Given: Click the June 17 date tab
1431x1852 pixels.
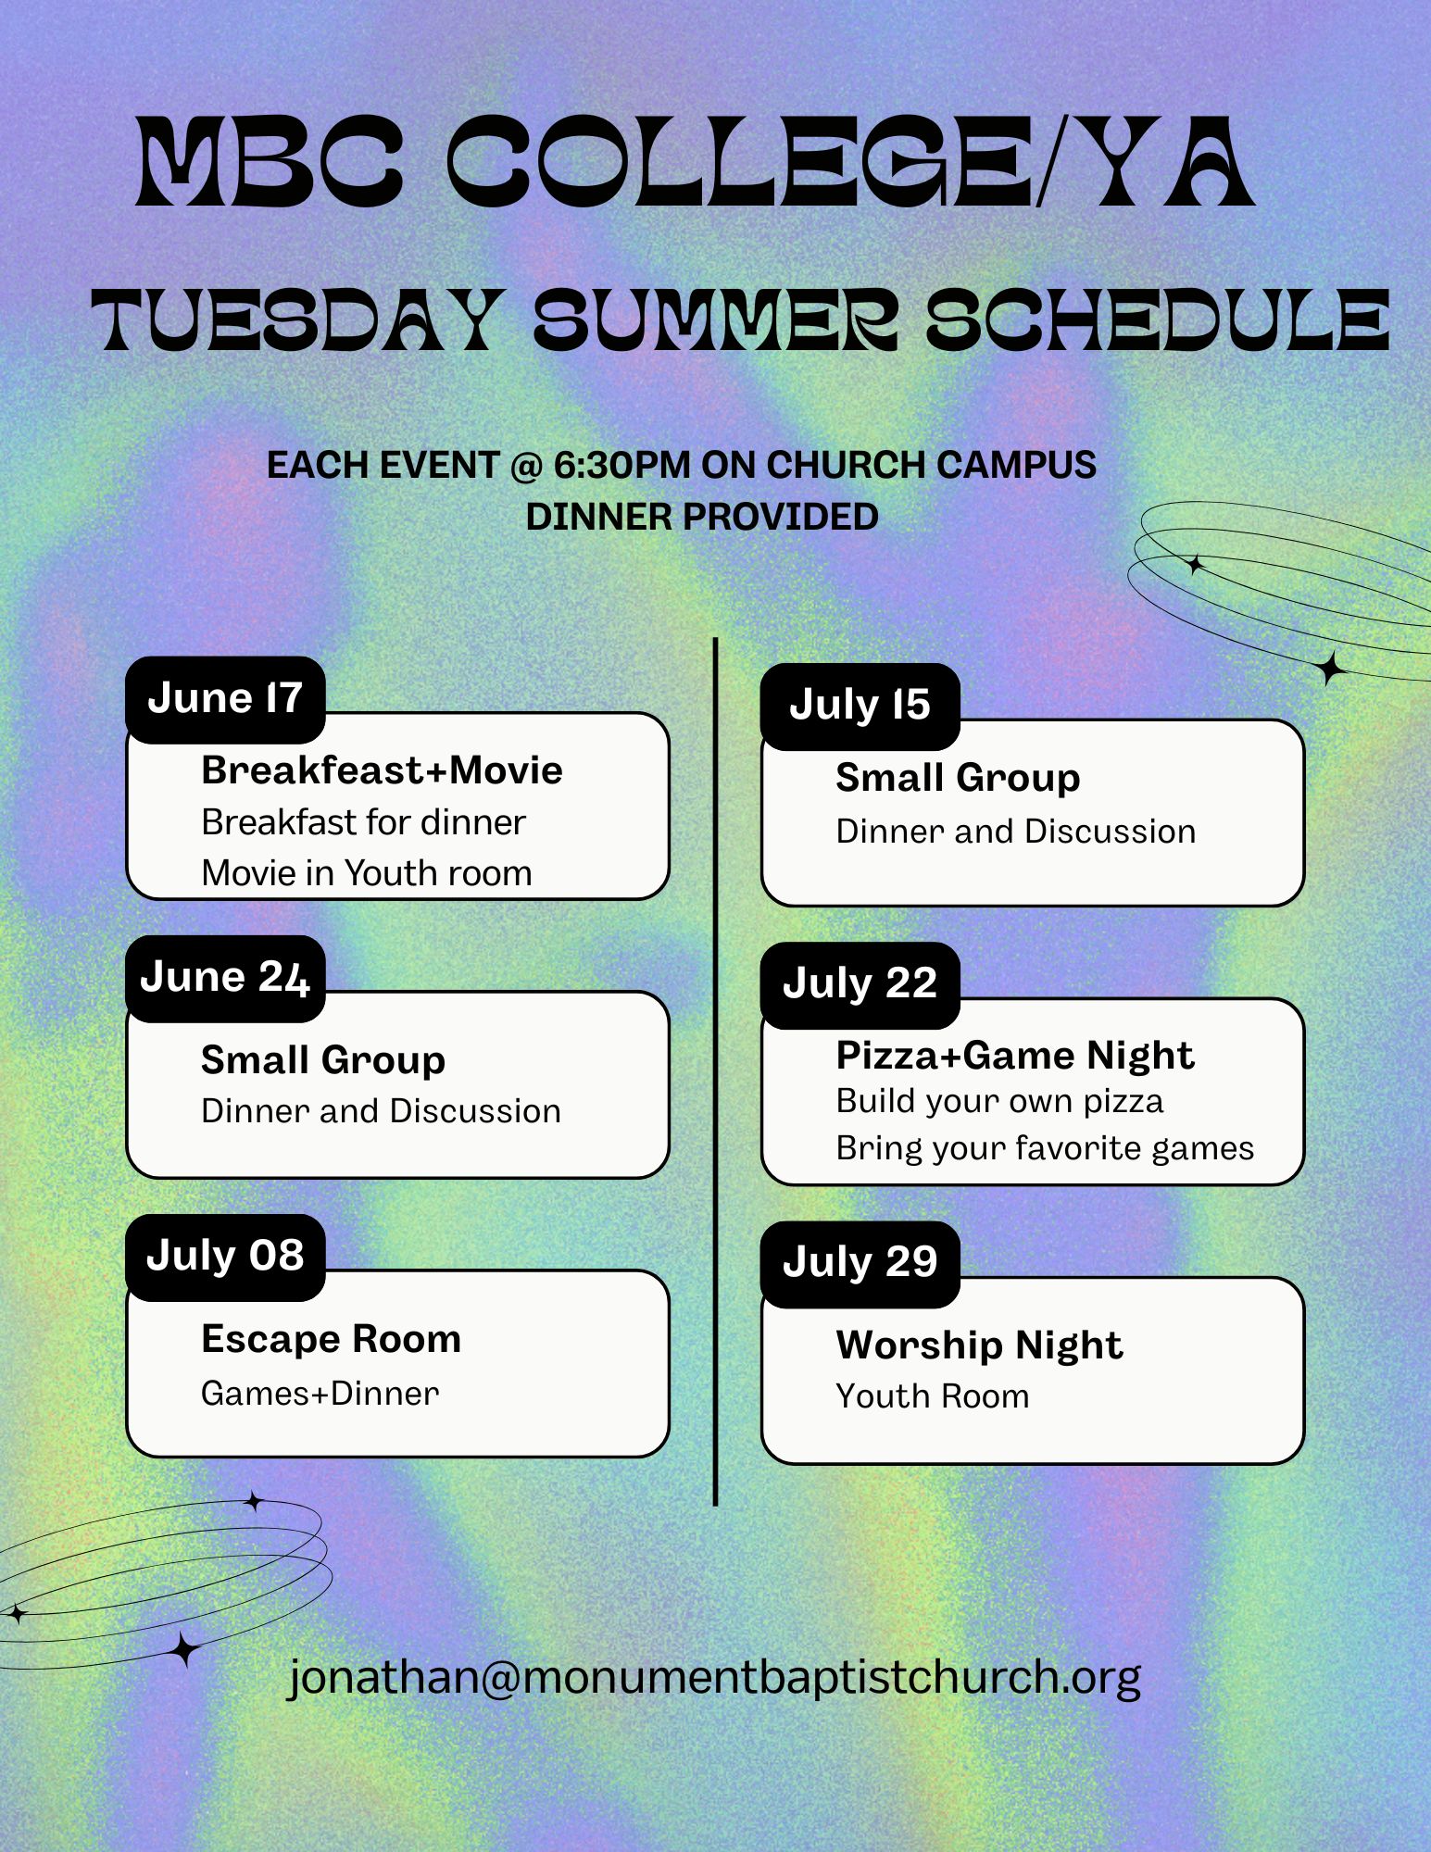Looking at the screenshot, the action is [x=225, y=699].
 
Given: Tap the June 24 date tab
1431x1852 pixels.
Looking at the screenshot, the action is [x=225, y=978].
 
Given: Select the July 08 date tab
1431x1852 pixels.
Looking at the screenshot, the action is [x=225, y=1257].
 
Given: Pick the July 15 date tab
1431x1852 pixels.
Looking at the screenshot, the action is [x=860, y=707].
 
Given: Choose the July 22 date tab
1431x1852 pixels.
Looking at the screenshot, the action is [x=860, y=984].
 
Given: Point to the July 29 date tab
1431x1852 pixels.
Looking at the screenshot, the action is [x=860, y=1264].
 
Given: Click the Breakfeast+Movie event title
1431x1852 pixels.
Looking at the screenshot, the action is [x=382, y=770].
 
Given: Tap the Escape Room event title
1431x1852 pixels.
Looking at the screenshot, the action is [x=331, y=1339].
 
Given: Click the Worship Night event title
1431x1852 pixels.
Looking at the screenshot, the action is [x=979, y=1346].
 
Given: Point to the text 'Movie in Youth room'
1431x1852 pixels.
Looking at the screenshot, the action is [x=367, y=873].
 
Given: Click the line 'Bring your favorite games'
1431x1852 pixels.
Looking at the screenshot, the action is [x=1045, y=1148].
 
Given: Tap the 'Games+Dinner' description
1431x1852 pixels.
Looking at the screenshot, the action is [x=320, y=1393].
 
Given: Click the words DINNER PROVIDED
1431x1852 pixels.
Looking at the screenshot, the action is [x=702, y=517].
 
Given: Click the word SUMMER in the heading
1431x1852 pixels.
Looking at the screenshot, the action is [x=715, y=319].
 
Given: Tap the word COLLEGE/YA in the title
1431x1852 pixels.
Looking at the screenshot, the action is [x=851, y=161].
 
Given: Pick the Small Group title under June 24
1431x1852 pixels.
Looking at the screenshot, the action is [x=323, y=1060].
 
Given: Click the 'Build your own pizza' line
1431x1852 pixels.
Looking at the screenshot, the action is [x=999, y=1101].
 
